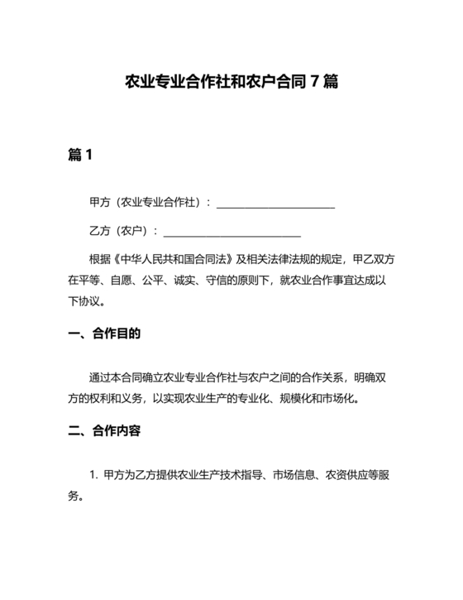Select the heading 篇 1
pyautogui.click(x=80, y=155)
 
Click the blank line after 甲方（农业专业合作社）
pyautogui.click(x=274, y=204)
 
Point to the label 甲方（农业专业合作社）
pyautogui.click(x=146, y=203)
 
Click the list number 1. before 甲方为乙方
pyautogui.click(x=93, y=475)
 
